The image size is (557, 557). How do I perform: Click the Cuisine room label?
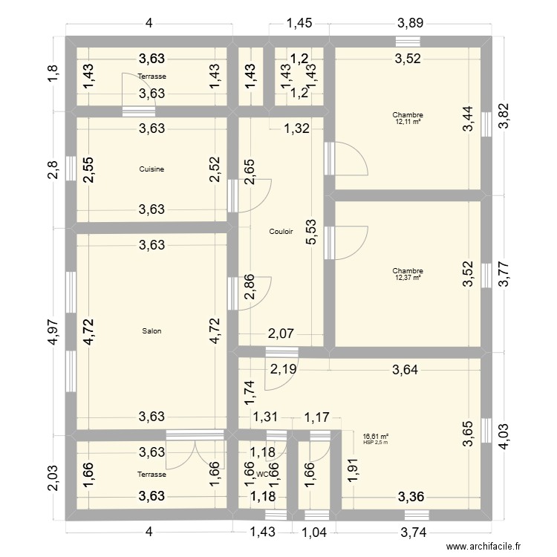152,169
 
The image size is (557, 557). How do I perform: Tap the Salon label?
152,331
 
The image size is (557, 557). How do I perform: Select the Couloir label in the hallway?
281,232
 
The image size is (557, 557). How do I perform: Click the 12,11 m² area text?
408,122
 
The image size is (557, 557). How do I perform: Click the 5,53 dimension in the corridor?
313,232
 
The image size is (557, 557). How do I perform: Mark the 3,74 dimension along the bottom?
416,532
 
